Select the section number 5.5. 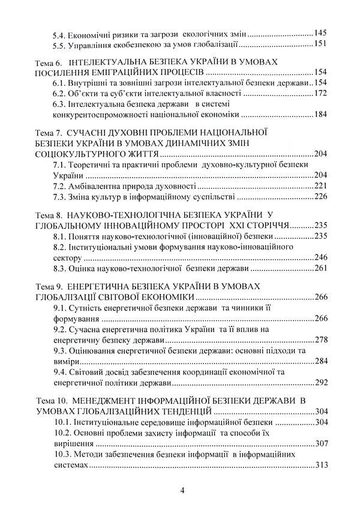(59, 46)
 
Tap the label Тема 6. (50, 62)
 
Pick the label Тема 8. (50, 214)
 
